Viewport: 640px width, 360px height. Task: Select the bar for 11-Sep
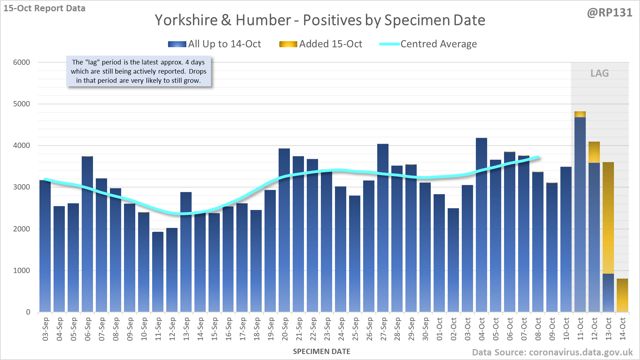tap(158, 272)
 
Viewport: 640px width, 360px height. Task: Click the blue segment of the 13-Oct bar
tap(608, 292)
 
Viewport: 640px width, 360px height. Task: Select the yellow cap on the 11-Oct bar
tap(580, 114)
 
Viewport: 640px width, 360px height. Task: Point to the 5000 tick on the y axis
tap(22, 104)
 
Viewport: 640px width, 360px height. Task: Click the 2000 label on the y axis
tap(22, 229)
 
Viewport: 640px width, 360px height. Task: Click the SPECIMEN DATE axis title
tap(322, 352)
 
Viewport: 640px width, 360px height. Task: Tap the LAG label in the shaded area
tap(599, 73)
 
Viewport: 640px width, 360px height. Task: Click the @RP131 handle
tap(609, 13)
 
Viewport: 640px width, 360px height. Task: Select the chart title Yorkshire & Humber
tap(320, 20)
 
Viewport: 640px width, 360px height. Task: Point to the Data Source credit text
tap(552, 352)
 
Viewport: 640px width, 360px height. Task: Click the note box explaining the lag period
tap(139, 71)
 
